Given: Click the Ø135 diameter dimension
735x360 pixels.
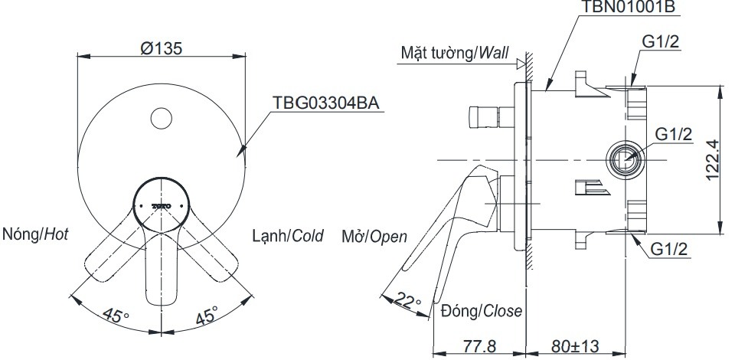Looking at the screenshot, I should click(161, 47).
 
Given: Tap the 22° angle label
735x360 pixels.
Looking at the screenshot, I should click(409, 301).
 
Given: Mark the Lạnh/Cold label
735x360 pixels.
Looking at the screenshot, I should click(288, 235).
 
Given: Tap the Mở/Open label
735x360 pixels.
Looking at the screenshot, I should click(374, 236).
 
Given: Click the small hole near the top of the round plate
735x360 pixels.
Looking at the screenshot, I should click(161, 118).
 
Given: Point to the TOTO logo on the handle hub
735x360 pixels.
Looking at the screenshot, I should click(161, 206).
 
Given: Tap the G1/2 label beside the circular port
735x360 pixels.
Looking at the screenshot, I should click(674, 134).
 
